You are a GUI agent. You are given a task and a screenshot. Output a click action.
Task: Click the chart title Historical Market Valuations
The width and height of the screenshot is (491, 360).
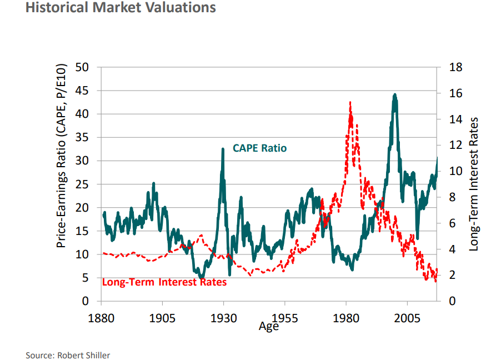pyautogui.click(x=121, y=8)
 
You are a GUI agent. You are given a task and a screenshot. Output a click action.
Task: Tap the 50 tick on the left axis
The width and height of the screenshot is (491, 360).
pyautogui.click(x=83, y=67)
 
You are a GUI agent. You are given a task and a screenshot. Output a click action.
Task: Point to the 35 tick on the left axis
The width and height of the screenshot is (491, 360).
pyautogui.click(x=83, y=137)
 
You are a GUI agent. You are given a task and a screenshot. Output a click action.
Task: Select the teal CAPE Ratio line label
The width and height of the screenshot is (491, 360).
pyautogui.click(x=259, y=148)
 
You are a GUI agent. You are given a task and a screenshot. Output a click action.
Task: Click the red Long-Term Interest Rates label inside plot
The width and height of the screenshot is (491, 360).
pyautogui.click(x=164, y=282)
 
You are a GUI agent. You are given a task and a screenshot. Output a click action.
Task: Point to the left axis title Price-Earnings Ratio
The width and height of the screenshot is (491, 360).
pyautogui.click(x=62, y=156)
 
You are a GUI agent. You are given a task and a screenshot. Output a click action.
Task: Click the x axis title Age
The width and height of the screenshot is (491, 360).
pyautogui.click(x=269, y=327)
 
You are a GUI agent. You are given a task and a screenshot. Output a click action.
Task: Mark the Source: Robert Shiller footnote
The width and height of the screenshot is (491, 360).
pyautogui.click(x=68, y=355)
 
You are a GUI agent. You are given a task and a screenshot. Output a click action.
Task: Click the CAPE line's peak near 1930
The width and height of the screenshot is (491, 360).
pyautogui.click(x=223, y=149)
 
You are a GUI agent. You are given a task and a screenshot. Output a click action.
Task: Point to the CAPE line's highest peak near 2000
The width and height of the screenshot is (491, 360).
pyautogui.click(x=395, y=95)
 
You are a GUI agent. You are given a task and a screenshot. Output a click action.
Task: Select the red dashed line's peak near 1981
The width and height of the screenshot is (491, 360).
pyautogui.click(x=350, y=102)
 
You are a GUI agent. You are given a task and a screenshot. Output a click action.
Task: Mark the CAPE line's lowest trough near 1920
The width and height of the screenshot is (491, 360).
pyautogui.click(x=202, y=277)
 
